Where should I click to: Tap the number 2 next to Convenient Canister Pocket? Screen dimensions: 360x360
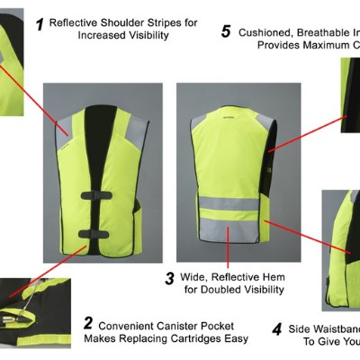[88, 322]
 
